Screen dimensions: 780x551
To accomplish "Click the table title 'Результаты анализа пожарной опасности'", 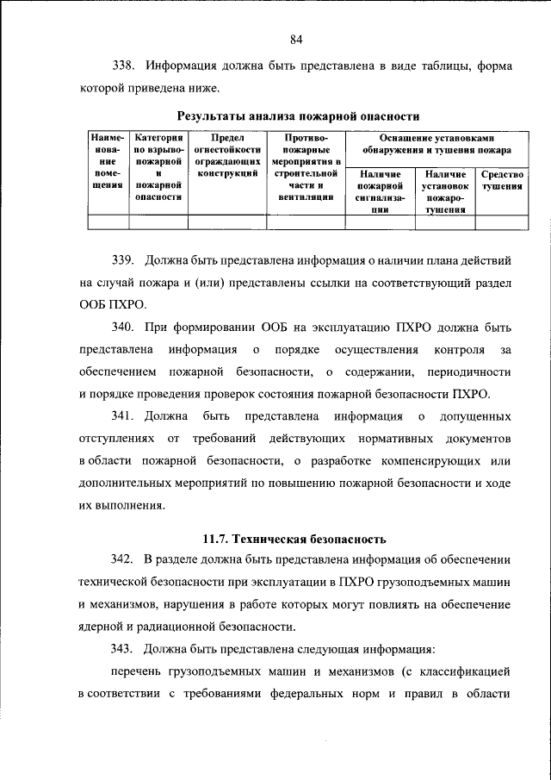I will (x=298, y=115).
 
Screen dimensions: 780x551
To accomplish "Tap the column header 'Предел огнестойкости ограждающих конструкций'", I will (x=227, y=155).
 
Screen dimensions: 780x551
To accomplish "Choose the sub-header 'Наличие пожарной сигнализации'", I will (x=380, y=190).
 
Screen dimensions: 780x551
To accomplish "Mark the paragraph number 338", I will (x=126, y=66).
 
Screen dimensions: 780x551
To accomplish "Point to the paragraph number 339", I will (x=126, y=259).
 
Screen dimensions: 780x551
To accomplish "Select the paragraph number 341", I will (x=126, y=416).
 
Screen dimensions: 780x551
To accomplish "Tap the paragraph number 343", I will (x=126, y=646).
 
